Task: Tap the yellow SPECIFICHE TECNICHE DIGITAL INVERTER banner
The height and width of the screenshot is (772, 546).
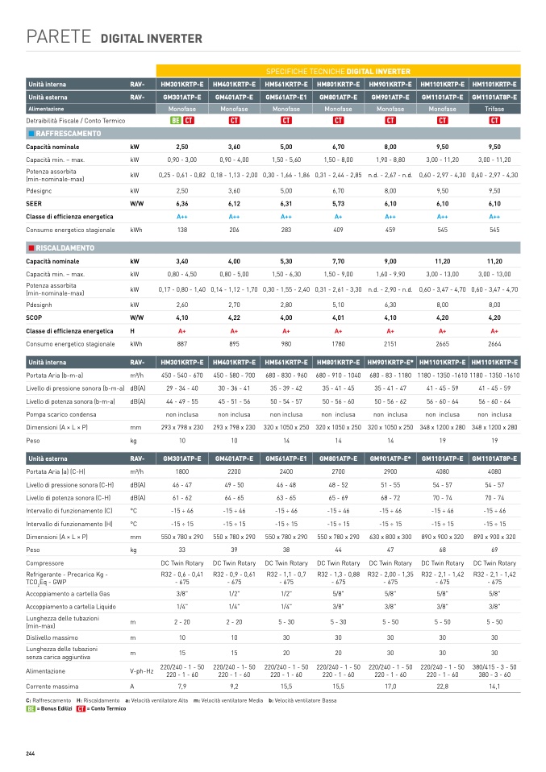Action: (x=337, y=71)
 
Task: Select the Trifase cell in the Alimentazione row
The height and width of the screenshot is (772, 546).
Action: (x=494, y=108)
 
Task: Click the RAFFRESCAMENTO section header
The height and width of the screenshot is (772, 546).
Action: (x=69, y=134)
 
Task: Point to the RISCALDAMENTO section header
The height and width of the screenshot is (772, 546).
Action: (x=65, y=248)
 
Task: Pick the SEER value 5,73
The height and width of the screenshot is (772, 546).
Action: (x=338, y=204)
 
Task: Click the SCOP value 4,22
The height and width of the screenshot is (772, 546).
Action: (x=234, y=318)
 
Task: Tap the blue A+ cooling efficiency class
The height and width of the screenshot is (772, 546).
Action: (x=338, y=217)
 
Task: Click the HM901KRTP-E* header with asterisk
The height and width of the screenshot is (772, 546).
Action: (x=390, y=363)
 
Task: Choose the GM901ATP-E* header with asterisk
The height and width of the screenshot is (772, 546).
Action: (x=390, y=459)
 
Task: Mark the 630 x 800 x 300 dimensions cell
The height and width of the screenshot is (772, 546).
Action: (x=390, y=536)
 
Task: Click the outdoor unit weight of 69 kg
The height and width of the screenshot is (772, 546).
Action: (x=494, y=549)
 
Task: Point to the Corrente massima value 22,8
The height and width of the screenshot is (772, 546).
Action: (x=443, y=686)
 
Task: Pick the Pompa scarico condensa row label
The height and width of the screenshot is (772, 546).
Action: (x=64, y=414)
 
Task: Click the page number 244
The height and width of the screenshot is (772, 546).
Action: (x=30, y=753)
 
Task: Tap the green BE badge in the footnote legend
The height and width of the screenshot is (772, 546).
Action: (x=31, y=709)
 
